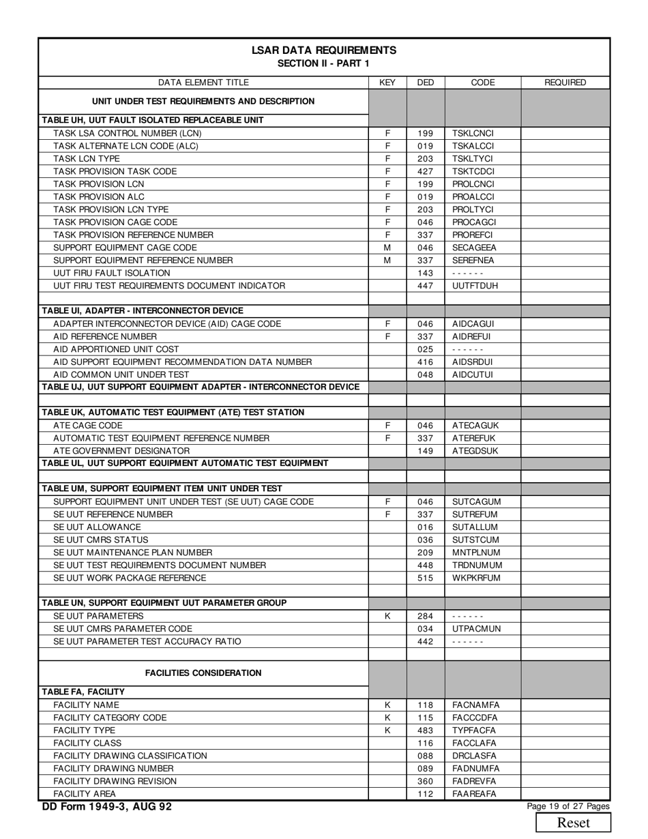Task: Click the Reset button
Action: click(574, 823)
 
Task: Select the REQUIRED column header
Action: click(565, 83)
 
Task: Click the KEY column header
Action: click(387, 83)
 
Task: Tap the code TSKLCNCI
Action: click(473, 133)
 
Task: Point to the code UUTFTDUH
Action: click(475, 285)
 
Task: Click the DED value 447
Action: click(426, 285)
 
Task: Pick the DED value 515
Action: click(426, 578)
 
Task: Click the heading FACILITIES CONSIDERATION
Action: click(203, 673)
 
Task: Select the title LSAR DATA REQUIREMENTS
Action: click(323, 50)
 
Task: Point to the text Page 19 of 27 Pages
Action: click(568, 806)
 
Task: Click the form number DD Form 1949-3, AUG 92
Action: click(107, 807)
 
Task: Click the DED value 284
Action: click(426, 616)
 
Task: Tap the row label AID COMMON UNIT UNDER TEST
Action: click(121, 374)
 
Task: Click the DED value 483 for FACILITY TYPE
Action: click(426, 730)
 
